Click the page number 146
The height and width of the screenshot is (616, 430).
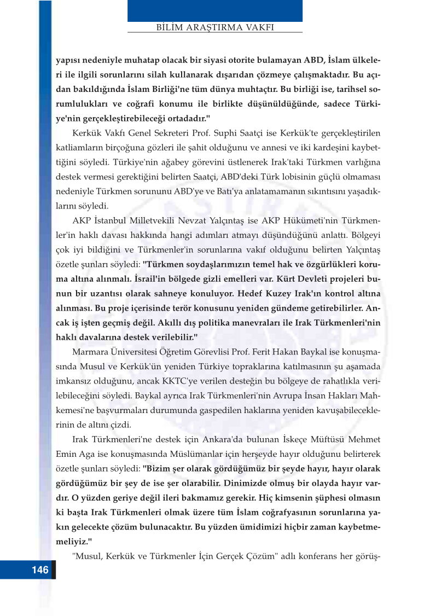click(40, 570)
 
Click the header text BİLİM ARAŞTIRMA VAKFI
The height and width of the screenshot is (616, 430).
click(215, 26)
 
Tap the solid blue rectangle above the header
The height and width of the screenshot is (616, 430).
click(215, 10)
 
